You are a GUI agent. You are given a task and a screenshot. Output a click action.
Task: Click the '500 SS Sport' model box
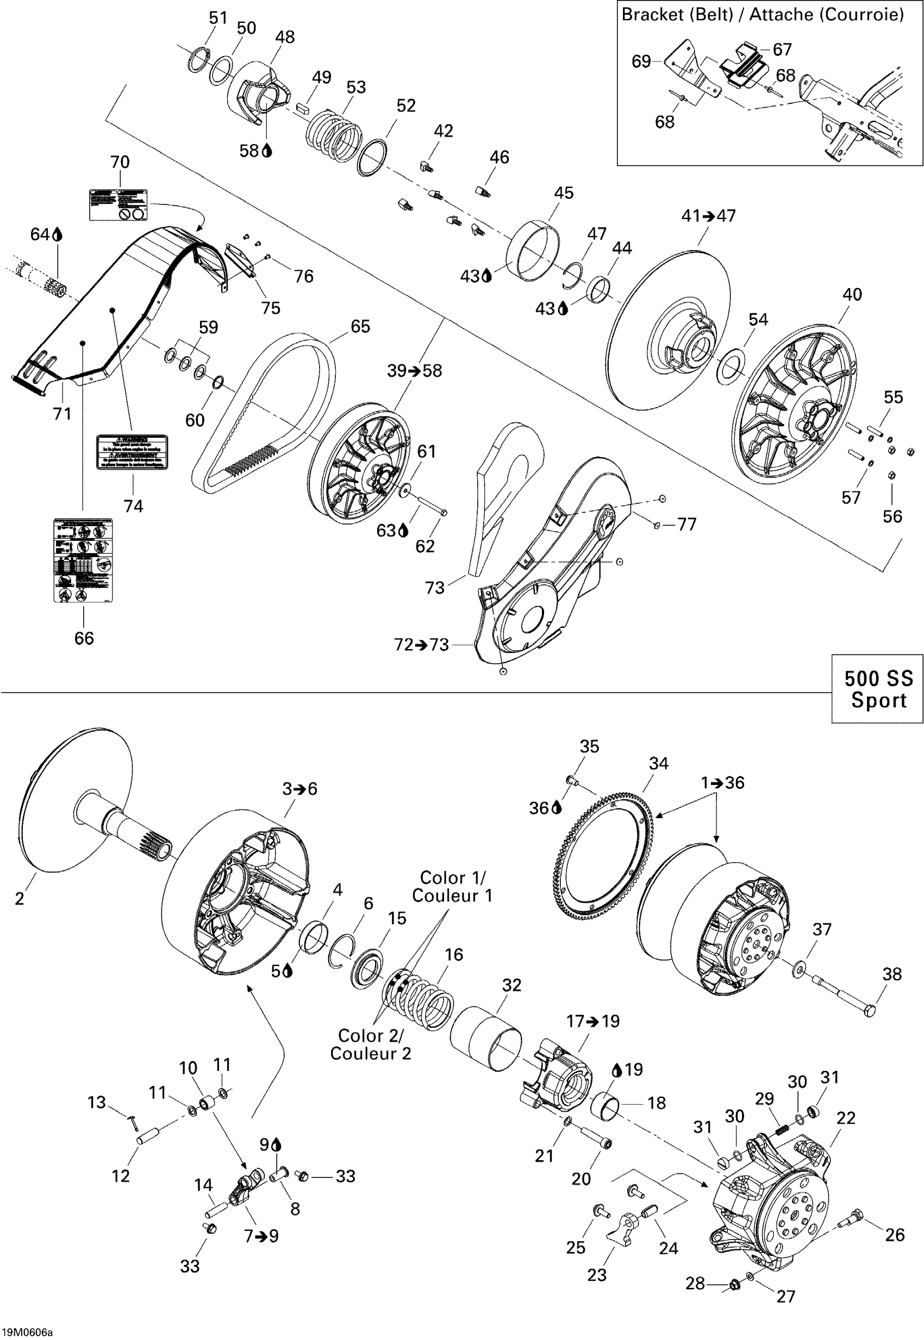[877, 689]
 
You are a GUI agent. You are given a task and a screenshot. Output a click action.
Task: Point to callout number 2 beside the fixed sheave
[20, 898]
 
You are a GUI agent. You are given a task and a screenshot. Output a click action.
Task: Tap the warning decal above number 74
[132, 452]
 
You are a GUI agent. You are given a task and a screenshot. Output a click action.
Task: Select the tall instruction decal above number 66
[83, 560]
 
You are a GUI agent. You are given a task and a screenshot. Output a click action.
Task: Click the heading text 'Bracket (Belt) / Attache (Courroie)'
[763, 15]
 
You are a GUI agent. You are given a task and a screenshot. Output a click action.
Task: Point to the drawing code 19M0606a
[27, 1332]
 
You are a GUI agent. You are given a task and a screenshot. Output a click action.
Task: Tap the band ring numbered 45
[533, 250]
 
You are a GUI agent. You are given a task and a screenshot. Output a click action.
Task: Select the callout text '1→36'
[722, 783]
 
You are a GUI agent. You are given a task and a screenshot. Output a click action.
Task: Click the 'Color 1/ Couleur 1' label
[452, 887]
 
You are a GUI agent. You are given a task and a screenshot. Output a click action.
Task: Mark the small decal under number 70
[118, 204]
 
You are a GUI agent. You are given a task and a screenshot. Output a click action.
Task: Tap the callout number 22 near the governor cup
[846, 1118]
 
